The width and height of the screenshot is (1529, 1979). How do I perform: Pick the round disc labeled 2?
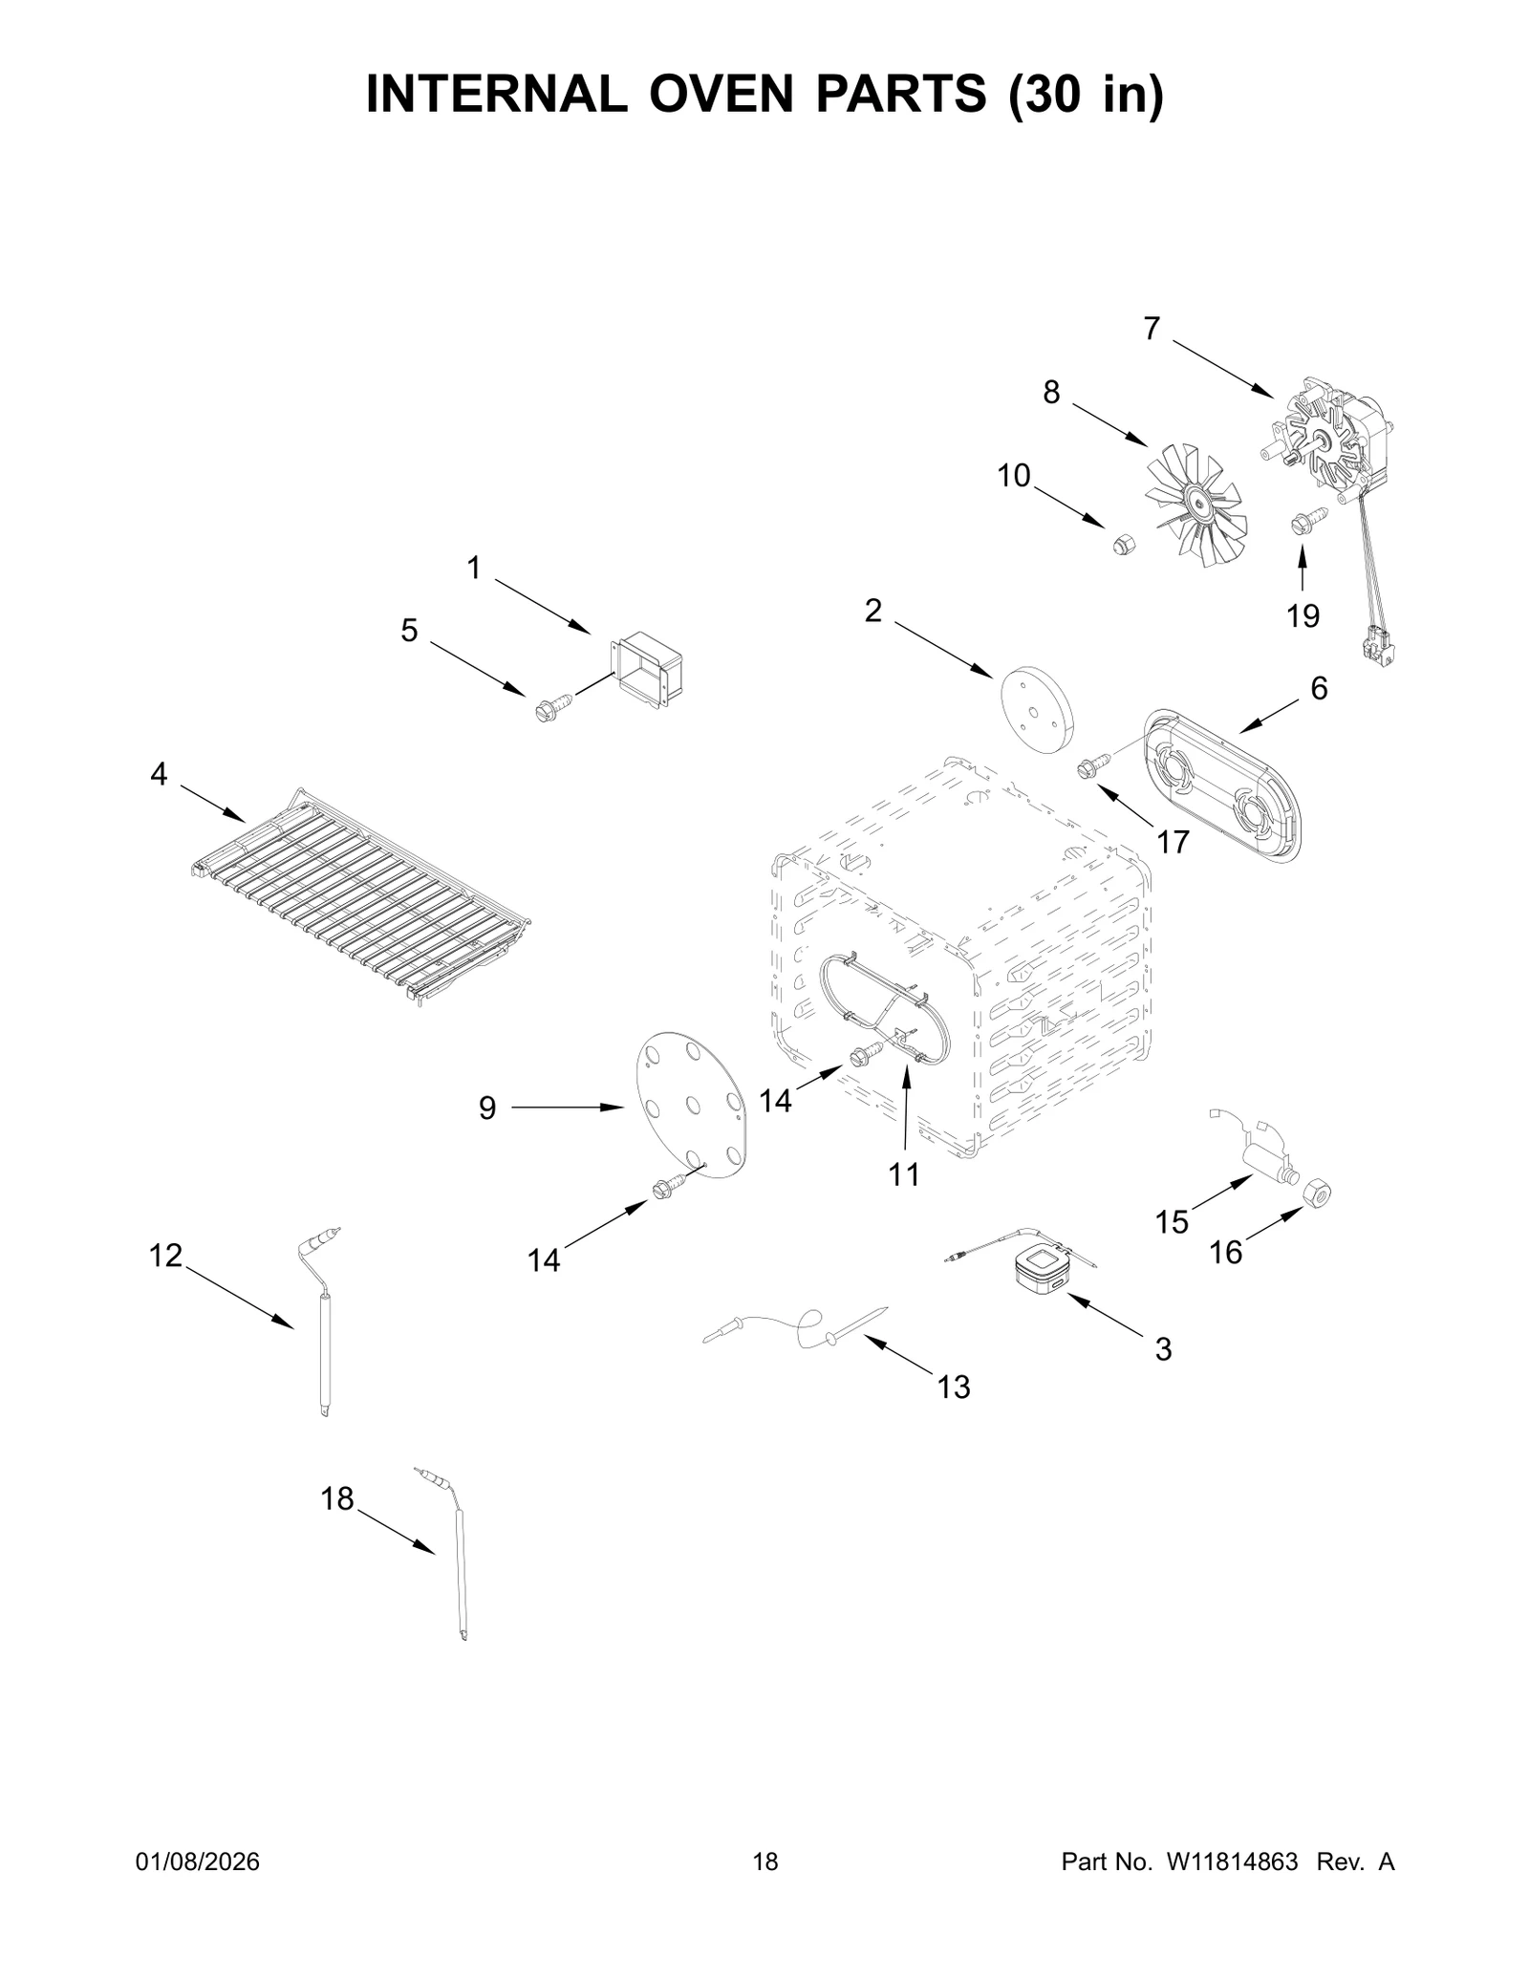coord(1037,709)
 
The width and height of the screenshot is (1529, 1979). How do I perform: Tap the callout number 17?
coord(1173,842)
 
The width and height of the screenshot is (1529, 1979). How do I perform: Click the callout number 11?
coord(903,1173)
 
